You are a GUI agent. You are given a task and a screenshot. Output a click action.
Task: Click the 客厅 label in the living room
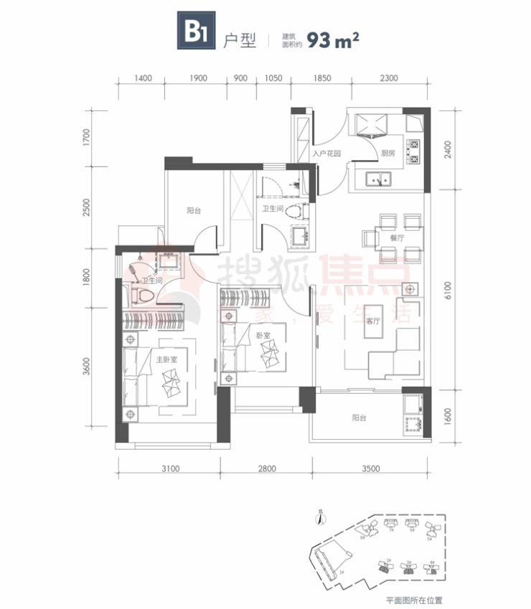click(374, 321)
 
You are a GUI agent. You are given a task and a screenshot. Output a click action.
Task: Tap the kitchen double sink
click(377, 179)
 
